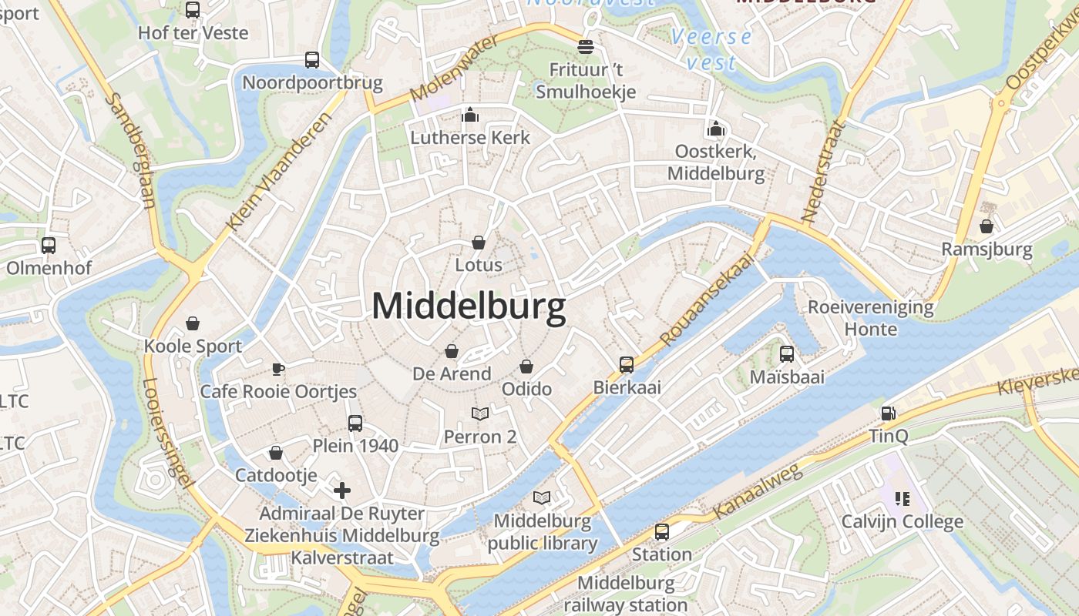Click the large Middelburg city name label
coord(469,306)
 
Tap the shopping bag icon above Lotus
coord(479,243)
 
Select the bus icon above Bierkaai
coord(627,364)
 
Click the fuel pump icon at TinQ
coord(888,413)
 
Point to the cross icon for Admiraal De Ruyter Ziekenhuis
coord(342,490)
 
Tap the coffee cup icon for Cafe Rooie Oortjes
coord(278,369)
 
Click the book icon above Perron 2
coord(480,414)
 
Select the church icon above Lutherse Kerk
coord(470,115)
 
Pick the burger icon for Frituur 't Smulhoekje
coord(586,47)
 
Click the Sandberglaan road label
coord(130,151)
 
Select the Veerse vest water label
coord(711,49)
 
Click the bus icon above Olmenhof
coord(49,246)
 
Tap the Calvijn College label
coord(902,521)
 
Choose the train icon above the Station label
coord(661,532)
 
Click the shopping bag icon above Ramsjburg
coord(987,226)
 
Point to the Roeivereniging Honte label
coord(870,318)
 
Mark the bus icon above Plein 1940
coord(355,423)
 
